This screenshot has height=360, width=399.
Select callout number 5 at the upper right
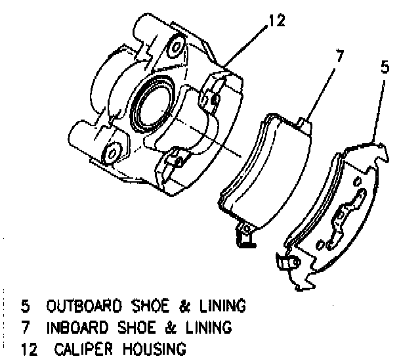387,66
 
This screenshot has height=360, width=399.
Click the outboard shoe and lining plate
335,210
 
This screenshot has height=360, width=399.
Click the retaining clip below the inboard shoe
244,236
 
